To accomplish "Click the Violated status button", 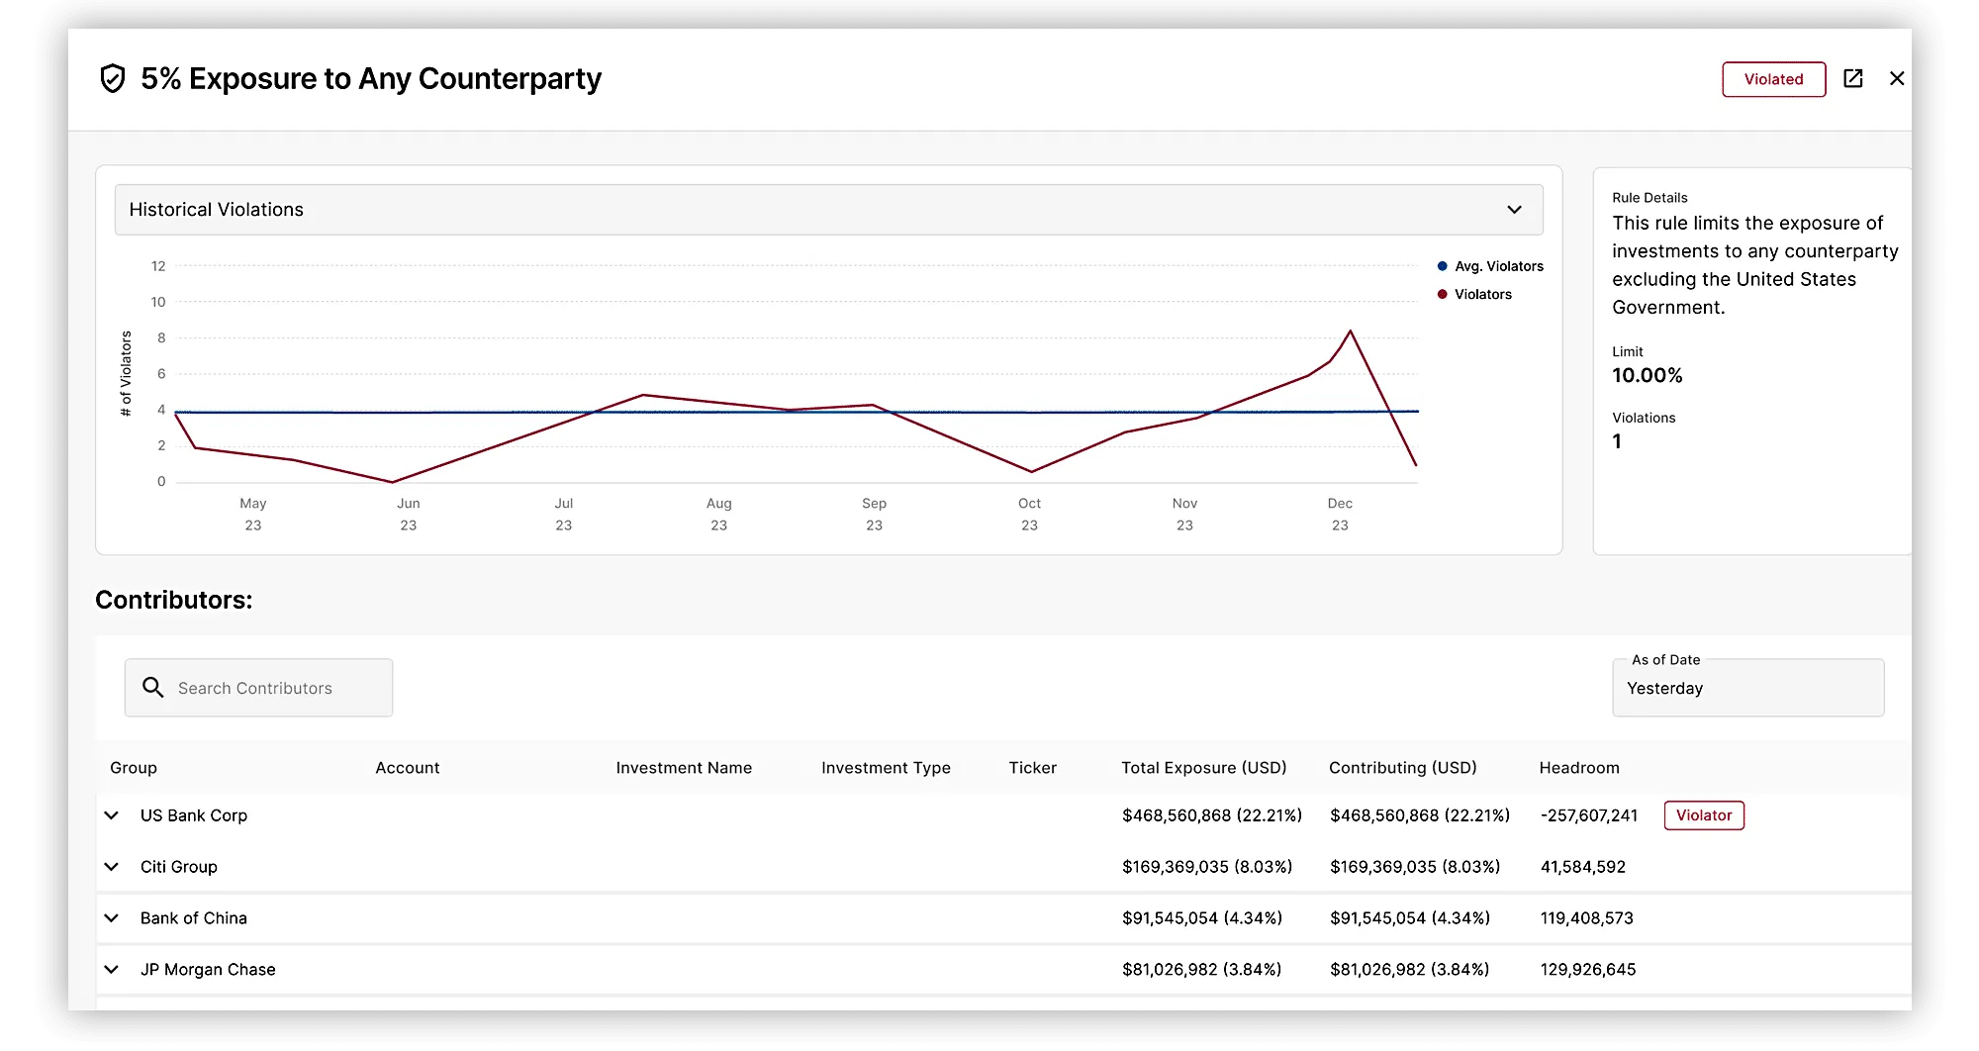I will coord(1773,79).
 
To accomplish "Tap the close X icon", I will coord(1896,78).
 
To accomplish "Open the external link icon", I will coord(1852,78).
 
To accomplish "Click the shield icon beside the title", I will coord(113,78).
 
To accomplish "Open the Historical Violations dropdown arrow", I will coord(1514,210).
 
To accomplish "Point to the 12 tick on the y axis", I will coord(158,266).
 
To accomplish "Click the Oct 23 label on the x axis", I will coord(1029,514).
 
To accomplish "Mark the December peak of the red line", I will coord(1350,332).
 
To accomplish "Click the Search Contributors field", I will coord(259,688).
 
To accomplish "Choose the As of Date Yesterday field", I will coord(1747,688).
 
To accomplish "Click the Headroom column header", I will coord(1578,768).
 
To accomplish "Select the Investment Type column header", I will coord(886,768).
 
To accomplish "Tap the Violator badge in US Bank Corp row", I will coord(1703,815).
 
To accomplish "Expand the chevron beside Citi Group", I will coord(112,867).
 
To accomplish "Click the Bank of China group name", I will coord(194,918).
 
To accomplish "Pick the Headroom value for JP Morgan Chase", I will coord(1587,970).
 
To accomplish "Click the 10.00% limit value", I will coord(1647,376).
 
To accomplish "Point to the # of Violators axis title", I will coord(126,373).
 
